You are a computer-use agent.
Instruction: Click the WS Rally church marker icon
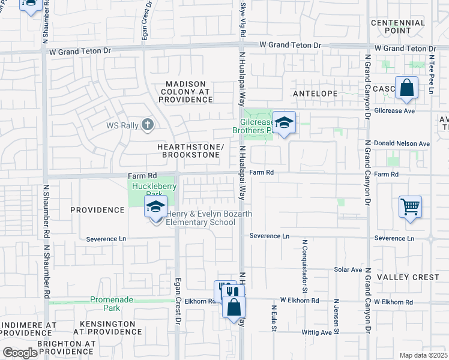click(148, 125)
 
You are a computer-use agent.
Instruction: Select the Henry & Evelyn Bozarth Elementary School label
click(201, 218)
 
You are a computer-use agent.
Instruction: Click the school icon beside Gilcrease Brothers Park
click(285, 123)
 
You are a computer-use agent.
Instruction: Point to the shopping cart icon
click(410, 207)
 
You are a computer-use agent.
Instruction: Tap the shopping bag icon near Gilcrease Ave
click(406, 88)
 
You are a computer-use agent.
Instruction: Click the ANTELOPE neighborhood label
click(315, 94)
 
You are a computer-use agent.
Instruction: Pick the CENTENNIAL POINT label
click(398, 26)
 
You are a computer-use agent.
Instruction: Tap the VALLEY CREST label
click(408, 277)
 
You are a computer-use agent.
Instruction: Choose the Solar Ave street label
click(348, 270)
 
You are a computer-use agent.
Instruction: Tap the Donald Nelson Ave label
click(402, 144)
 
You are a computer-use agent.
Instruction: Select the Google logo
click(20, 353)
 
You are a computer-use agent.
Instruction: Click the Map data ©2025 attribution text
click(423, 355)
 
